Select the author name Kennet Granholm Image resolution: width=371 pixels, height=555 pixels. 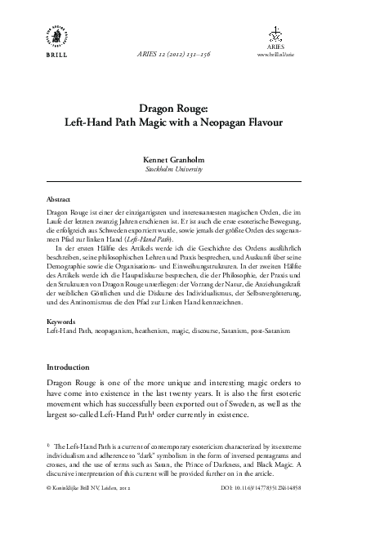click(185, 160)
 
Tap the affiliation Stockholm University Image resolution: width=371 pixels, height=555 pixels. click(185, 170)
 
